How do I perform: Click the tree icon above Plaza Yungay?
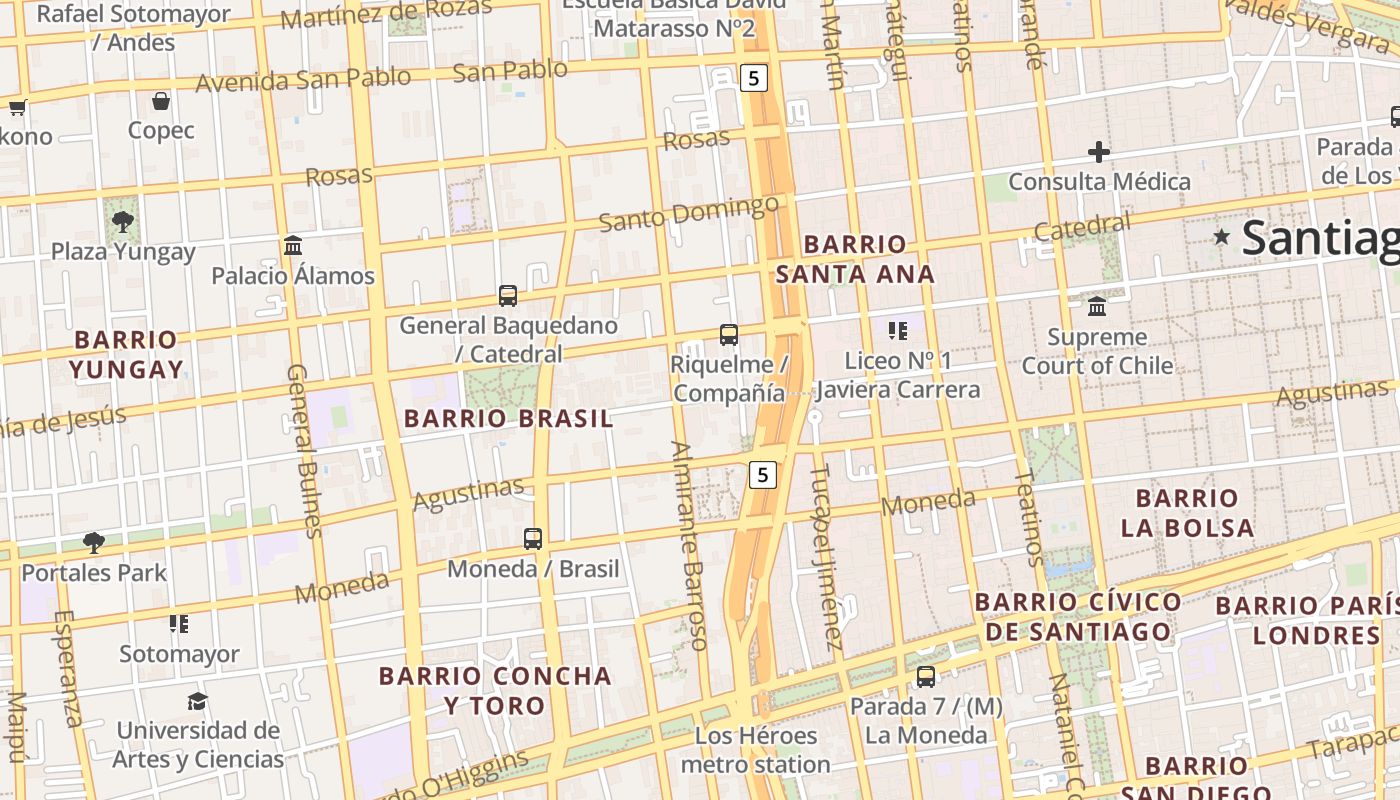tap(123, 221)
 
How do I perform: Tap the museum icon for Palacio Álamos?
tap(293, 246)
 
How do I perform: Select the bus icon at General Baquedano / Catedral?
tap(508, 296)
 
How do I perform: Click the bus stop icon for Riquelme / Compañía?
tap(729, 335)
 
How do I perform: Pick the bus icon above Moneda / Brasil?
tap(533, 539)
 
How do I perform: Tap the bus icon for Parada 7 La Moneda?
tap(926, 677)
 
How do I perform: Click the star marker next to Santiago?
tap(1221, 237)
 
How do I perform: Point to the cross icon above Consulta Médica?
tap(1099, 152)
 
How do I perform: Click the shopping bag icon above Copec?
tap(160, 101)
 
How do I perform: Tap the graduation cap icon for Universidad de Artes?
tap(197, 701)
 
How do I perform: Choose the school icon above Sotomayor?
tap(179, 625)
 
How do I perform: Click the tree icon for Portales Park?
tap(94, 543)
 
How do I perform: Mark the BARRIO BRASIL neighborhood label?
tap(508, 419)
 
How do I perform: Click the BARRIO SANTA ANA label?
tap(855, 259)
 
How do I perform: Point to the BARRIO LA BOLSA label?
tap(1187, 512)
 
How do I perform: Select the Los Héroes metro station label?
tap(755, 750)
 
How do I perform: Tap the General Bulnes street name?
tap(303, 450)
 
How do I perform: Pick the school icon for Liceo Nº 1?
tap(897, 330)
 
